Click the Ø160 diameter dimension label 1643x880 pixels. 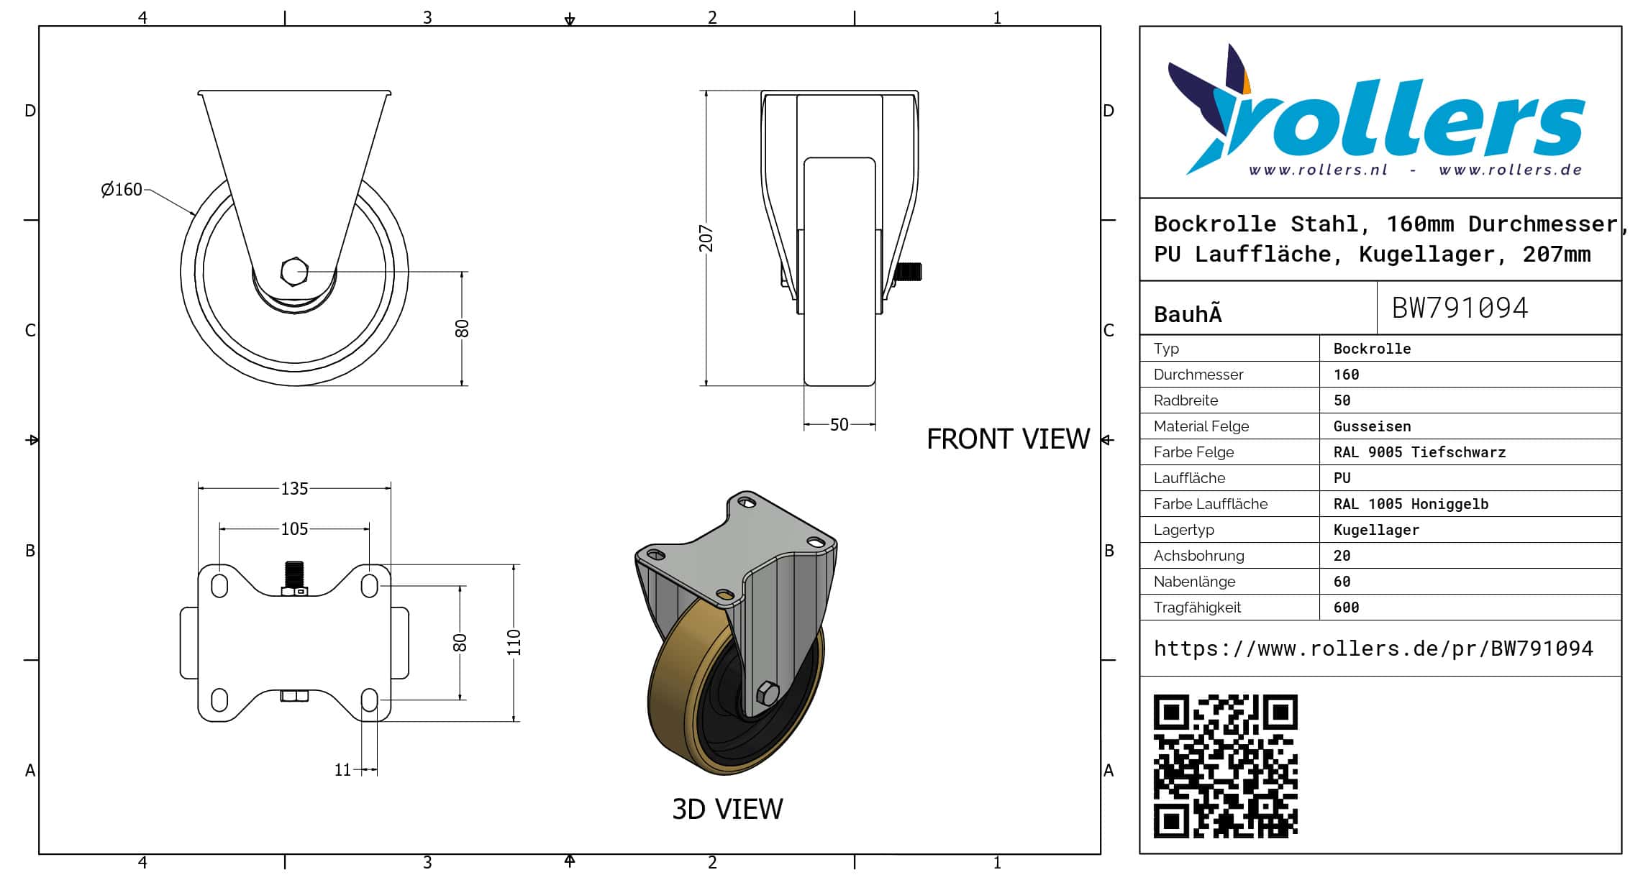coord(122,190)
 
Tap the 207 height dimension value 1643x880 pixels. coord(706,239)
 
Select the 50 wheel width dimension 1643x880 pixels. coord(839,425)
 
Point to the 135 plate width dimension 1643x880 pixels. coord(294,489)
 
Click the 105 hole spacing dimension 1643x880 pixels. coord(294,529)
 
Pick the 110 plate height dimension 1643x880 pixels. coord(514,643)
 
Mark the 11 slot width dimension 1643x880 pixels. coord(342,770)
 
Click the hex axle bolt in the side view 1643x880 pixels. coord(294,272)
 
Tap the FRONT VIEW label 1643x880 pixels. coord(1008,439)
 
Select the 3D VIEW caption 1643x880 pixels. coord(727,810)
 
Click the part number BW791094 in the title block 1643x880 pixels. coord(1460,308)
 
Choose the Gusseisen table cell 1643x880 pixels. coord(1372,426)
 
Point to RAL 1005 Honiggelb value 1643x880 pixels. coord(1411,504)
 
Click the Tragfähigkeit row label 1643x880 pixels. coord(1197,608)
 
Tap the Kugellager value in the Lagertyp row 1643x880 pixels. coord(1376,530)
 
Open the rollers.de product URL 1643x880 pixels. coord(1373,649)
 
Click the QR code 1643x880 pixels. coord(1225,766)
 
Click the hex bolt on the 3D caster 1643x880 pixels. coord(767,693)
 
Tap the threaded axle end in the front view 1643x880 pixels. coord(907,272)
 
